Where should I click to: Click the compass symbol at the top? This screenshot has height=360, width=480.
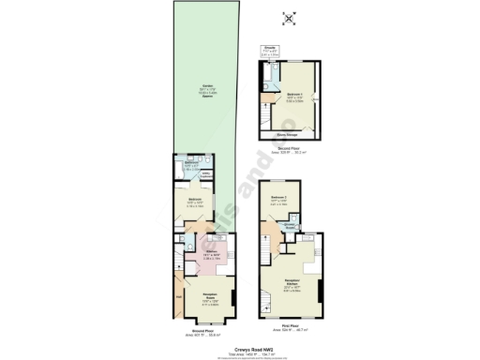pyautogui.click(x=289, y=16)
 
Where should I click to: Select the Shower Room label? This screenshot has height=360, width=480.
pyautogui.click(x=291, y=224)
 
